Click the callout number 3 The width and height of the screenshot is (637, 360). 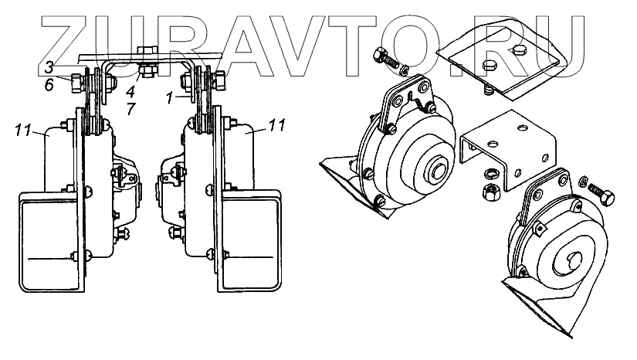(49, 67)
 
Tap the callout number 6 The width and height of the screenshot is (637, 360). (49, 85)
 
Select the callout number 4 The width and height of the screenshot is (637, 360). (130, 91)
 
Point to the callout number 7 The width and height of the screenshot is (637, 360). (130, 109)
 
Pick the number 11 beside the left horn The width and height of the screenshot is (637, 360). (24, 130)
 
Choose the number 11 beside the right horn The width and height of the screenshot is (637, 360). (276, 125)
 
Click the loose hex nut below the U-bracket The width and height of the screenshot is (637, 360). (491, 192)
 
